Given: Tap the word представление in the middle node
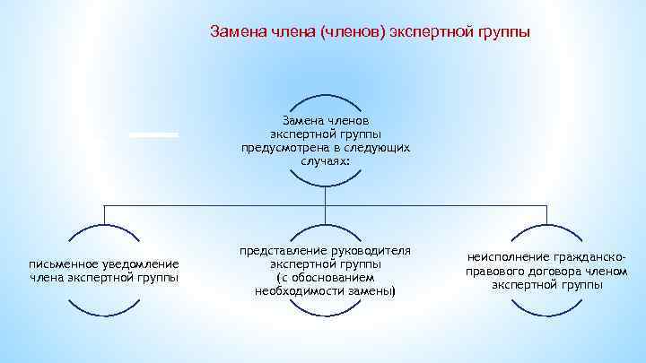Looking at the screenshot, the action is pos(280,252).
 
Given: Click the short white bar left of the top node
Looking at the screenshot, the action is pos(153,134).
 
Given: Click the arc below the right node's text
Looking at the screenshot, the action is pos(546,309).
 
